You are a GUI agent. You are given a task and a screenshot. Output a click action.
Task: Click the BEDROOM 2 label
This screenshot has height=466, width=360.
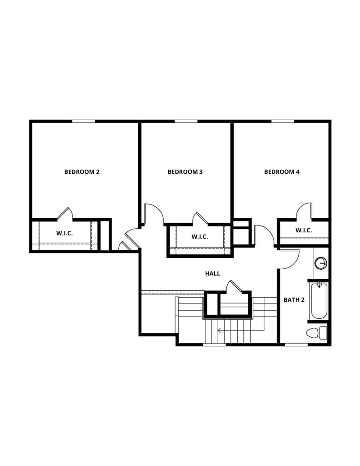(x=82, y=172)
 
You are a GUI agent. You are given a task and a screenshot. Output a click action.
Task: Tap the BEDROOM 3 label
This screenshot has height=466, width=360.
(x=185, y=172)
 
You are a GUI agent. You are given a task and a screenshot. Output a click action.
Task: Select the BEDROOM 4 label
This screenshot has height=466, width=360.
(x=282, y=172)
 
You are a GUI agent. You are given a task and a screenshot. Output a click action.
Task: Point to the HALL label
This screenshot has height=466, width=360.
(x=212, y=273)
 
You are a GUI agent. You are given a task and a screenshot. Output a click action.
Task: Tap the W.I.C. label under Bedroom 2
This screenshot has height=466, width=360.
(x=65, y=233)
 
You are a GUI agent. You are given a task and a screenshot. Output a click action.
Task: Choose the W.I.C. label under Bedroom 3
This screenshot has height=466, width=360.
(x=200, y=237)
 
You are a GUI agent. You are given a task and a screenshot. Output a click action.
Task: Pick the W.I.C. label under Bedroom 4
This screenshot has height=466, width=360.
(x=304, y=231)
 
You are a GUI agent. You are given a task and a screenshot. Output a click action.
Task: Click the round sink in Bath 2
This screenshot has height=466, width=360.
(x=321, y=263)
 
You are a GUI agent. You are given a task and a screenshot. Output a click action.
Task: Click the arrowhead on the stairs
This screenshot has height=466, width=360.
(x=219, y=330)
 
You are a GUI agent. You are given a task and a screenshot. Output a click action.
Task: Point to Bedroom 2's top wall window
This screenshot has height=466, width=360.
(x=84, y=121)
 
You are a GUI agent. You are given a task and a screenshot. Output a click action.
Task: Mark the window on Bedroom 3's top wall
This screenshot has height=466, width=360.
(x=184, y=121)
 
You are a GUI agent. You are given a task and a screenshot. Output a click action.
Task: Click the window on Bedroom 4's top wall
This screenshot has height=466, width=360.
(x=283, y=121)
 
